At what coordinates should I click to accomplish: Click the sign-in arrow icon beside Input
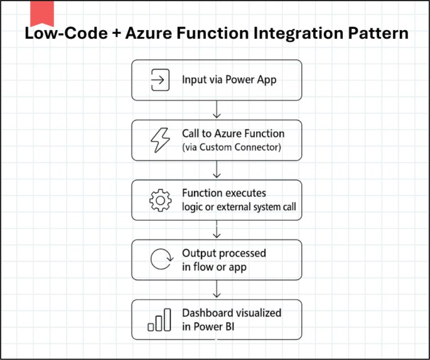[159, 80]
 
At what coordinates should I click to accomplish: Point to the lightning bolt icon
[159, 140]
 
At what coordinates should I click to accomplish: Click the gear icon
[159, 200]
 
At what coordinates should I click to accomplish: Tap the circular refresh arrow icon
[159, 260]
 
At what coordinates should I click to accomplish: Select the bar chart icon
[159, 320]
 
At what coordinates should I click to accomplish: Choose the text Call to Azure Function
[233, 134]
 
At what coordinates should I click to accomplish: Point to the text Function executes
[223, 193]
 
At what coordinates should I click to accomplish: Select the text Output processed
[224, 253]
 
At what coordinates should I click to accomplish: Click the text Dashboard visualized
[231, 313]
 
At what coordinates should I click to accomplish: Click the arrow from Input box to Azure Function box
[217, 110]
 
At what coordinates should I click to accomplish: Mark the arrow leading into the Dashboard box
[217, 290]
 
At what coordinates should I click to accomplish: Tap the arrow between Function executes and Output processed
[217, 230]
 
